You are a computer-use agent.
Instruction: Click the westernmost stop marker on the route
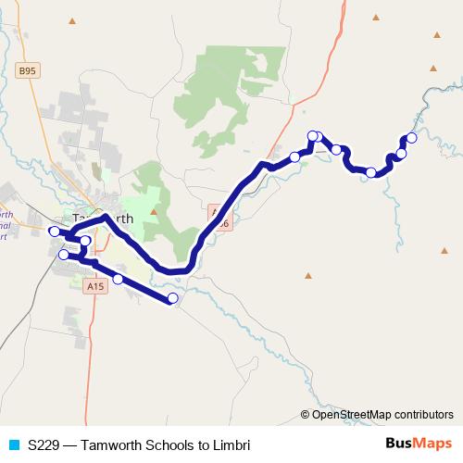click(x=54, y=231)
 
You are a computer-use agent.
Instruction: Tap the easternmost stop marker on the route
click(x=412, y=138)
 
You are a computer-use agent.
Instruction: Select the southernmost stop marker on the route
click(x=172, y=298)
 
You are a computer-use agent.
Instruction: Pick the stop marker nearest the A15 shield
click(x=118, y=279)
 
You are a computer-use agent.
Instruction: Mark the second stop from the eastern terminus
click(x=402, y=154)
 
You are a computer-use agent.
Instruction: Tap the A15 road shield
click(x=94, y=287)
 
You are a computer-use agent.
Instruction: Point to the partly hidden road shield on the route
click(x=219, y=216)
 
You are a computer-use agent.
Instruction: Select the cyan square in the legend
click(x=13, y=444)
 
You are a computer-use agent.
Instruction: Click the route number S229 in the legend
click(x=44, y=444)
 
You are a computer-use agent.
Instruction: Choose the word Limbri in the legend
click(x=231, y=444)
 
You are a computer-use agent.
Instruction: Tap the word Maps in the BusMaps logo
click(x=433, y=444)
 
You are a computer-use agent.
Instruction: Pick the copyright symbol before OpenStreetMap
click(x=306, y=414)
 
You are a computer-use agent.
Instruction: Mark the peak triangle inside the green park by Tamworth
click(x=154, y=212)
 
